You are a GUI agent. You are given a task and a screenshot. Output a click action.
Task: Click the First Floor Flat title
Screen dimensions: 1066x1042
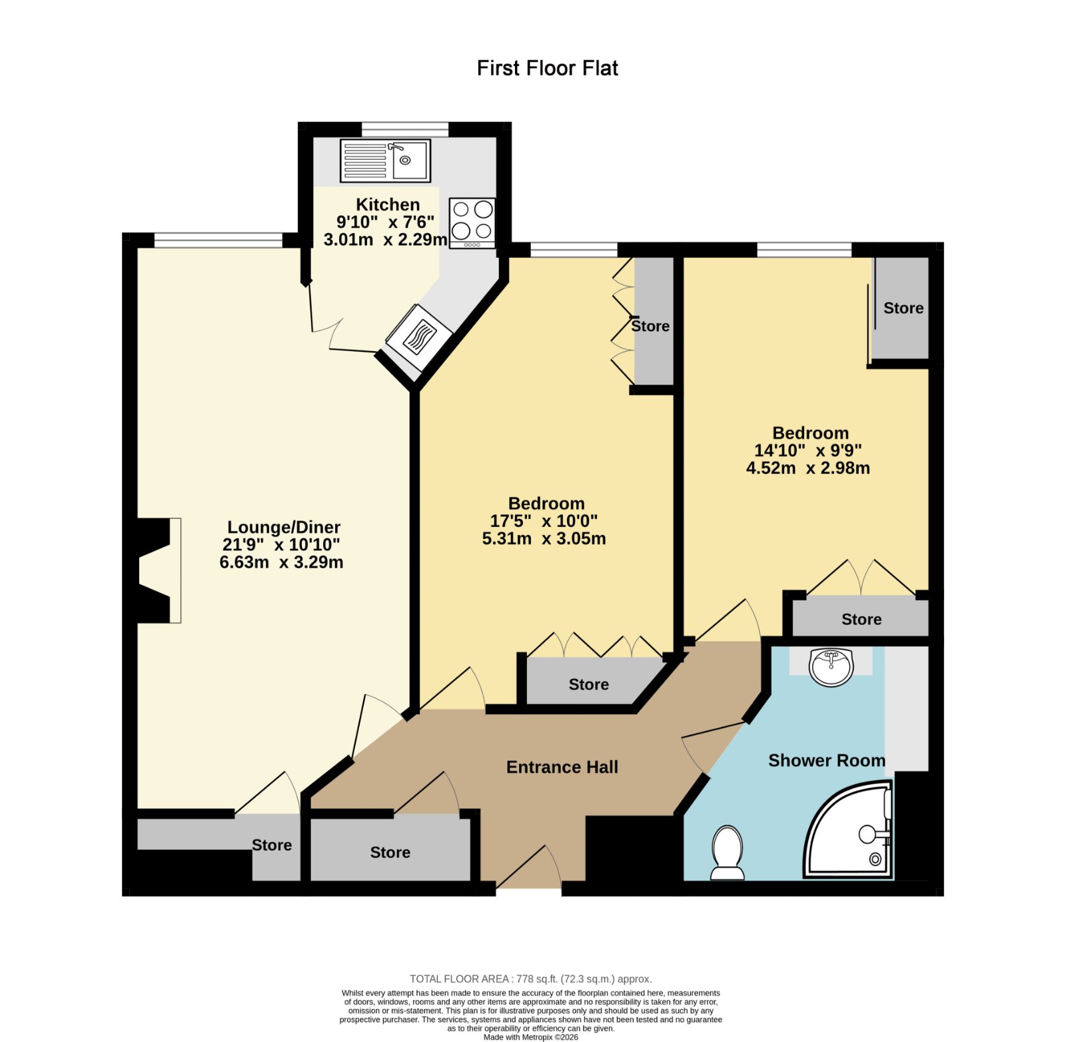point(548,68)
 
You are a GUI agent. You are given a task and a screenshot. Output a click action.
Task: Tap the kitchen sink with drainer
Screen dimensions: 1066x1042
point(385,160)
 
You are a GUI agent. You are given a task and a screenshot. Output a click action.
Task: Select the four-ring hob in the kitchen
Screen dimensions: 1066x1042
point(472,223)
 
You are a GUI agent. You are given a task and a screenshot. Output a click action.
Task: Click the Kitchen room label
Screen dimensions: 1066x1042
point(388,205)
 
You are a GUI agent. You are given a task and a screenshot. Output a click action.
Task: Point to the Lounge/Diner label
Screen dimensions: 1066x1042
point(284,528)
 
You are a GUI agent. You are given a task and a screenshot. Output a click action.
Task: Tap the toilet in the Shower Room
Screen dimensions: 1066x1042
point(727,853)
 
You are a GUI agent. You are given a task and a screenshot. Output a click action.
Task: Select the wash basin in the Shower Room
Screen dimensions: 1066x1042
point(831,667)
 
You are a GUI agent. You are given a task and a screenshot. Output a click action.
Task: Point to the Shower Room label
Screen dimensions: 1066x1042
point(827,761)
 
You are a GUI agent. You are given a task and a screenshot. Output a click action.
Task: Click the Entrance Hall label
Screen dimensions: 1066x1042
point(562,768)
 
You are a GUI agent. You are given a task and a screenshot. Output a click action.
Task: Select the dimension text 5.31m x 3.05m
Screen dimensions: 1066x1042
point(544,538)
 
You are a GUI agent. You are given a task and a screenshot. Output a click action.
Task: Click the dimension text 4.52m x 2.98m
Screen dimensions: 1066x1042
point(808,468)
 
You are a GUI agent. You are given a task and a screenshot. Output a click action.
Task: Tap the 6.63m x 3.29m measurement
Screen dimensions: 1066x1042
point(282,562)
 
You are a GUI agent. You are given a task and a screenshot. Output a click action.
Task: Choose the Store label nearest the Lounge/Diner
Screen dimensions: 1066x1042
point(272,845)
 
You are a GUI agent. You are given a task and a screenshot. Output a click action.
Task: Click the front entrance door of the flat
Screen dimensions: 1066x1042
point(529,867)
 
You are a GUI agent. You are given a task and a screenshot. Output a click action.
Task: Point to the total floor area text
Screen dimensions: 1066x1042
point(531,979)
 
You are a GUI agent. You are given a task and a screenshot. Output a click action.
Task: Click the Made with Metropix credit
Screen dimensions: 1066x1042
point(531,1037)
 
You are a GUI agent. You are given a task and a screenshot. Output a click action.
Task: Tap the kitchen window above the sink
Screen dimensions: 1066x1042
point(405,129)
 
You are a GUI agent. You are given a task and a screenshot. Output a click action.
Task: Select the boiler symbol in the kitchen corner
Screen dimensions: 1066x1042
point(419,338)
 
